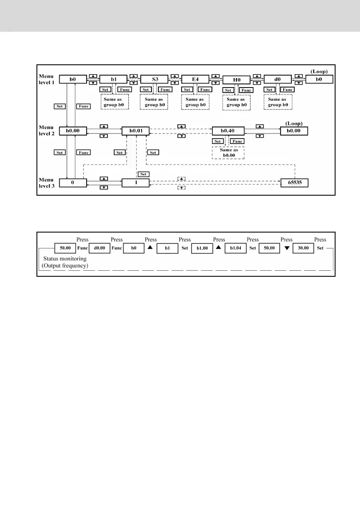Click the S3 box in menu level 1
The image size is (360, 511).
pos(155,79)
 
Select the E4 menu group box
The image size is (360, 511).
pos(195,79)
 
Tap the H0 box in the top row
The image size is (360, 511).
pos(236,80)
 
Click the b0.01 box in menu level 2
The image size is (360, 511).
pos(135,130)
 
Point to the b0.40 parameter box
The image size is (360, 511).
pos(228,130)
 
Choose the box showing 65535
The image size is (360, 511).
pos(294,182)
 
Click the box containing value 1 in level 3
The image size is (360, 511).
pos(135,182)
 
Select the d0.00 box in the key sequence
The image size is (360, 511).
pos(100,248)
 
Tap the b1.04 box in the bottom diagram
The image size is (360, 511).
pos(236,248)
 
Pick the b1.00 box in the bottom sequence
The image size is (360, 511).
pos(202,248)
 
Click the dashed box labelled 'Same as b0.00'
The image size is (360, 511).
pos(228,154)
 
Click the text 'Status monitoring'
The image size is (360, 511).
pos(65,259)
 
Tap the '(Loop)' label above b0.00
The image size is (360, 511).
pos(294,123)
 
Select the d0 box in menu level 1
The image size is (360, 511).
pos(277,79)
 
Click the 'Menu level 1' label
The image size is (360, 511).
pos(46,79)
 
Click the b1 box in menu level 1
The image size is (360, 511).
pos(114,79)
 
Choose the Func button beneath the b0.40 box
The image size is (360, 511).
pos(237,141)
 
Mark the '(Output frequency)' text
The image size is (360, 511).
pos(66,266)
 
